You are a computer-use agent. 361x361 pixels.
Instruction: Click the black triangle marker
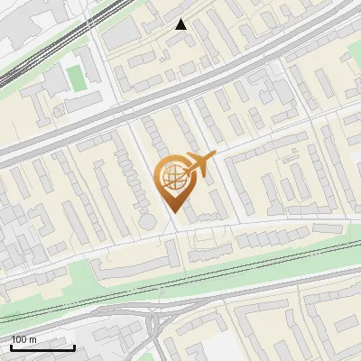point(181,24)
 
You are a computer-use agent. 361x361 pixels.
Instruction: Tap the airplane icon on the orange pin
point(199,164)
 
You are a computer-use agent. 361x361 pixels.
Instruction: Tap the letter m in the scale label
point(33,339)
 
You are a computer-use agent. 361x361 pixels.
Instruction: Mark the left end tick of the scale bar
point(11,347)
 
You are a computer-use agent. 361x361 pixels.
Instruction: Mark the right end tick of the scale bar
point(74,347)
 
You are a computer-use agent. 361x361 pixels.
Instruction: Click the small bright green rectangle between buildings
point(78,78)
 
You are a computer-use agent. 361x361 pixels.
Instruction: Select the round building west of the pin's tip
point(146,222)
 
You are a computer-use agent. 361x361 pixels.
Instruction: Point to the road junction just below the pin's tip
point(173,230)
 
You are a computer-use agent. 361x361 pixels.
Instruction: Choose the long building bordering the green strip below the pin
point(135,264)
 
